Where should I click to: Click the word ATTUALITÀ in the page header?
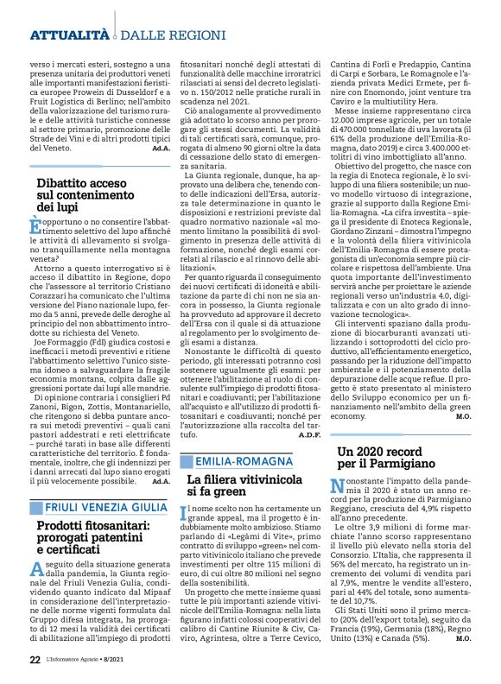coord(69,35)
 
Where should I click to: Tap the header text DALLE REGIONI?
coord(160,35)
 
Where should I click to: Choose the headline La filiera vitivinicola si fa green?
coord(244,485)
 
